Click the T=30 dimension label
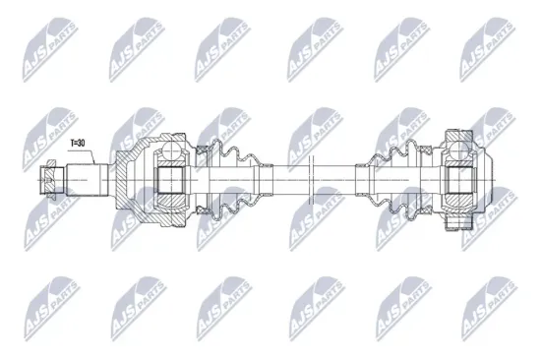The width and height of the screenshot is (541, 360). [78, 143]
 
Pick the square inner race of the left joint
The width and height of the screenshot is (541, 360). [171, 180]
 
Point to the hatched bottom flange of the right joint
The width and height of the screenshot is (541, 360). [458, 224]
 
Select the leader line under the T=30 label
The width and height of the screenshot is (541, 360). [78, 155]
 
